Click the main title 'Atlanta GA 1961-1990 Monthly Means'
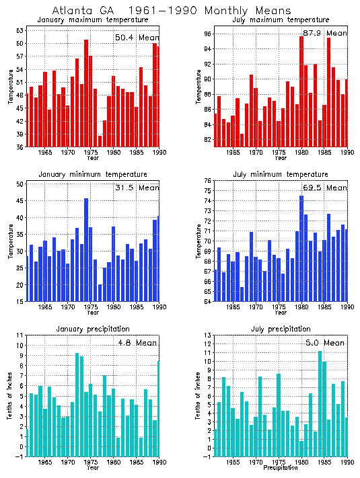point(172,11)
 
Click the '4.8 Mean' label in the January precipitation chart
point(138,343)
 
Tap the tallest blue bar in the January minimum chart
point(86,249)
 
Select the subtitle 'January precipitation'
point(91,328)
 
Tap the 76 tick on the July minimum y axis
point(209,181)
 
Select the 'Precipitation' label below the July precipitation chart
point(278,468)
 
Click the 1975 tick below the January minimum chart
point(90,307)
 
